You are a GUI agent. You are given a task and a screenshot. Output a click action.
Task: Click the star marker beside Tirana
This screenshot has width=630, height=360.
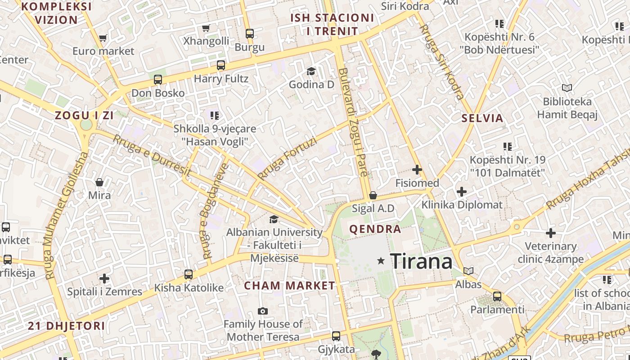(381, 261)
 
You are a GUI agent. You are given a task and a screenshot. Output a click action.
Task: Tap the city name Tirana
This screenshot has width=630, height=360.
(421, 261)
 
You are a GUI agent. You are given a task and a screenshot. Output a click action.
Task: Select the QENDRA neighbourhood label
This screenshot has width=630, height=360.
(375, 229)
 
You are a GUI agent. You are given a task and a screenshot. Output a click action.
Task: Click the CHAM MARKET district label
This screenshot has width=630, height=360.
(290, 286)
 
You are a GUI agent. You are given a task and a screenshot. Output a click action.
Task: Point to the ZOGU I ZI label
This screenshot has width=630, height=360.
(84, 115)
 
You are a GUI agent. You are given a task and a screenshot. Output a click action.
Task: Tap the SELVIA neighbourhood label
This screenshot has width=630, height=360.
(482, 118)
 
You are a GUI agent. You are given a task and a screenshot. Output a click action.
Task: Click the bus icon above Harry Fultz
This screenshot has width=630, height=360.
(220, 65)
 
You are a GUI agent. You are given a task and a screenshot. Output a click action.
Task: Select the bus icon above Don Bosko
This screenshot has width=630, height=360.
(157, 80)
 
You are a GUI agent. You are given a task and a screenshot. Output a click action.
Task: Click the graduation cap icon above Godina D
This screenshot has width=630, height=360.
(311, 71)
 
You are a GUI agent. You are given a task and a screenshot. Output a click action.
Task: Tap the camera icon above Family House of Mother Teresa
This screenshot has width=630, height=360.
(263, 311)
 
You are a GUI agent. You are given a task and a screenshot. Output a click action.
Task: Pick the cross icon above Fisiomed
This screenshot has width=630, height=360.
(417, 170)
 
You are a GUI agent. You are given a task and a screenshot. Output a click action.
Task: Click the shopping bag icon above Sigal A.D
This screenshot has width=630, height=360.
(373, 195)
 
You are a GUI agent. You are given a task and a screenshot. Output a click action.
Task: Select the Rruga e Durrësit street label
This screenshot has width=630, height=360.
(152, 156)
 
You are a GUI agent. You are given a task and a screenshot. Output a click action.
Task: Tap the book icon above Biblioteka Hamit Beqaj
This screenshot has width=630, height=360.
(567, 88)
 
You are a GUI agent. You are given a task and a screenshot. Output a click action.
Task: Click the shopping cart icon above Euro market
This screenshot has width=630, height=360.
(103, 38)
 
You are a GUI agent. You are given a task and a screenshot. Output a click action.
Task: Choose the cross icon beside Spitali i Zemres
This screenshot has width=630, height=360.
(104, 279)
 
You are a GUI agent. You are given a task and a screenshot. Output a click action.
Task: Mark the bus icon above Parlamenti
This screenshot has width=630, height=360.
(497, 297)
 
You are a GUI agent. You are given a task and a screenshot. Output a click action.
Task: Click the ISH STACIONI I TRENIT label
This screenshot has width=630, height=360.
(332, 25)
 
